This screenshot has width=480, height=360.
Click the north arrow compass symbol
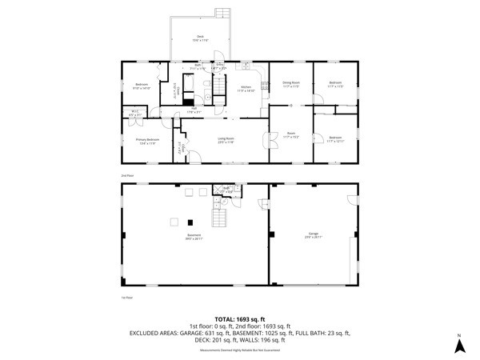459,345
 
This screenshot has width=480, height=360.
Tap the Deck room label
201,38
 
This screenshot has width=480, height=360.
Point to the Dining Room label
290,85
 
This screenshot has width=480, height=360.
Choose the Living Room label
226,140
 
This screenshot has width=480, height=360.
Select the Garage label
312,235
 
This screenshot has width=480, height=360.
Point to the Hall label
192,110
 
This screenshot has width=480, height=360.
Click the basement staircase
219,214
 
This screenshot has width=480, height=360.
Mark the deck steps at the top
222,14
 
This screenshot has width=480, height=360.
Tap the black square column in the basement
190,222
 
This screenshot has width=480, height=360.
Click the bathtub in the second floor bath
189,102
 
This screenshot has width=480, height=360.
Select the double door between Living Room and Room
267,140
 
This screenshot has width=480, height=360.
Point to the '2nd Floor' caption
126,174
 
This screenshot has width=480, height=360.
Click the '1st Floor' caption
126,297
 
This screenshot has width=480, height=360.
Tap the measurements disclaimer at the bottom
239,350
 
